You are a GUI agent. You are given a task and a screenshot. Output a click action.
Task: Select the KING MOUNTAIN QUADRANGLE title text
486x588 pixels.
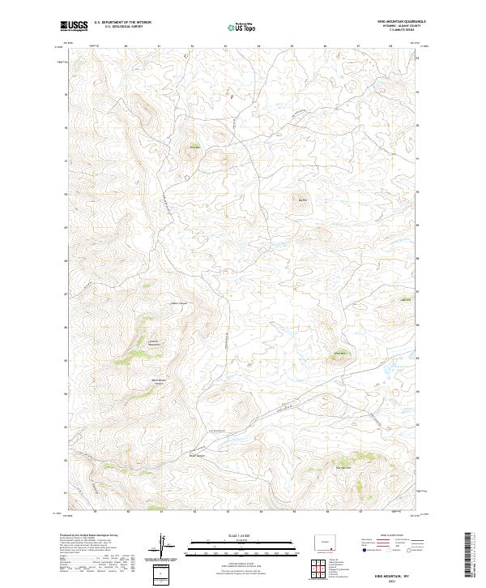(401, 22)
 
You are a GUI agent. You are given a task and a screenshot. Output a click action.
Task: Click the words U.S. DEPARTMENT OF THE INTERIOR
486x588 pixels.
(123, 23)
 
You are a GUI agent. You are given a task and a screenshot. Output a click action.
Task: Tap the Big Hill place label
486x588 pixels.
(305, 200)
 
